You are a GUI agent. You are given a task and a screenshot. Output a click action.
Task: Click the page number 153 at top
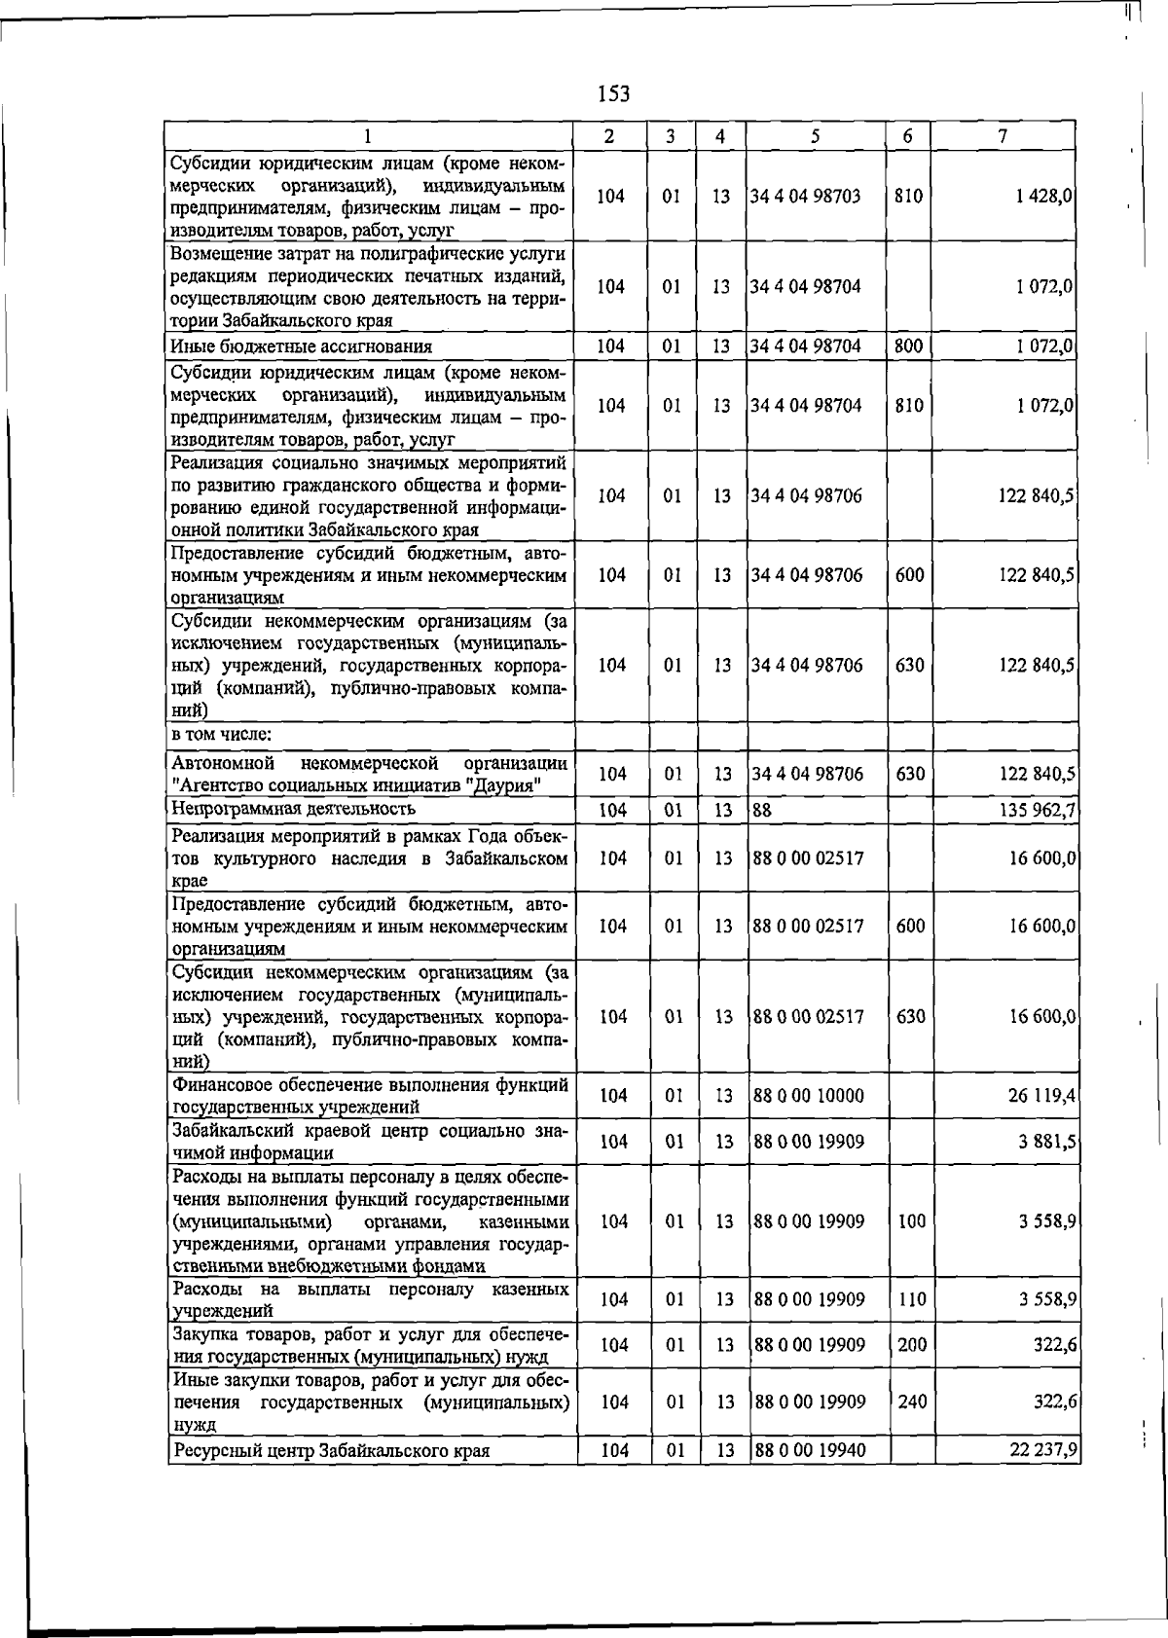[x=613, y=93]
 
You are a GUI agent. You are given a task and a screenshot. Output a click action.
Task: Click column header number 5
[x=815, y=137]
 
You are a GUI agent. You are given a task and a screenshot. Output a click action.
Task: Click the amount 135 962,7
[x=1037, y=809]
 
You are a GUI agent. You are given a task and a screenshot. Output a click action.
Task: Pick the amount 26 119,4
[x=1041, y=1095]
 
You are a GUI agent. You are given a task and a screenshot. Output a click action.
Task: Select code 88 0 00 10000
[x=808, y=1095]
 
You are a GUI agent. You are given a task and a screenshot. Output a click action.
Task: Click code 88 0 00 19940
[x=808, y=1450]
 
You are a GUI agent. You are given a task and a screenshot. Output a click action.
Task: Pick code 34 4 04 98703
[x=805, y=196]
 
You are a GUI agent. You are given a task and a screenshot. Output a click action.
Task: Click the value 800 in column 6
[x=908, y=346]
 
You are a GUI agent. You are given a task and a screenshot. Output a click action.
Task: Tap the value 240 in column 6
[x=912, y=1401]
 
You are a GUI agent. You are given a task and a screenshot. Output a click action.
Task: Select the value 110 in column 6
[x=912, y=1299]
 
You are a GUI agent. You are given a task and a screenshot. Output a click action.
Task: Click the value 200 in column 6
[x=912, y=1345]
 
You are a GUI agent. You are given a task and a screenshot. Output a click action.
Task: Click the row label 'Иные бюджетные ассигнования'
[x=302, y=346]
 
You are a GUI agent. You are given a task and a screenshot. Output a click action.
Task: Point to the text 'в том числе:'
[x=221, y=735]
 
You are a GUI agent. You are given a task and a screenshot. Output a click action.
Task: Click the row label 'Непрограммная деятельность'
[x=293, y=809]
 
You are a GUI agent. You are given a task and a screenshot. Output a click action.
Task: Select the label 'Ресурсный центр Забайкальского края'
[x=331, y=1451]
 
